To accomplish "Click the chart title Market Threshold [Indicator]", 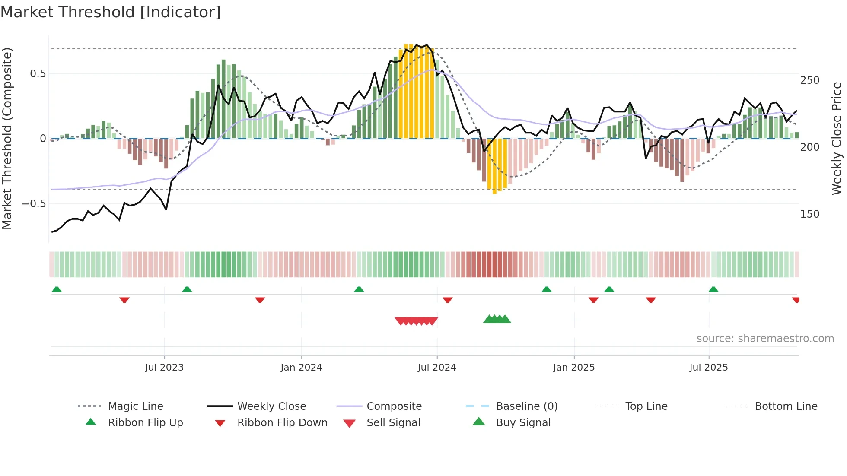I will [111, 12].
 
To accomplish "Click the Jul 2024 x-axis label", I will [436, 368].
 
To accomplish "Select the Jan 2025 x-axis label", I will [573, 368].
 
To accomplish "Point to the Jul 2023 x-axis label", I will [164, 368].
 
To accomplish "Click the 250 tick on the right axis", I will [809, 80].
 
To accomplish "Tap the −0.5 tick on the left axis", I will [34, 203].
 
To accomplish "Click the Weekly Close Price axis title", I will [837, 138].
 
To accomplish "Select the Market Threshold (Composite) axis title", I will [7, 138].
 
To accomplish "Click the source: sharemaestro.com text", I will [765, 339].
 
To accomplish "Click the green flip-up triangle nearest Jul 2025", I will [713, 289].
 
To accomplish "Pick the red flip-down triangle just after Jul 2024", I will [447, 300].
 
